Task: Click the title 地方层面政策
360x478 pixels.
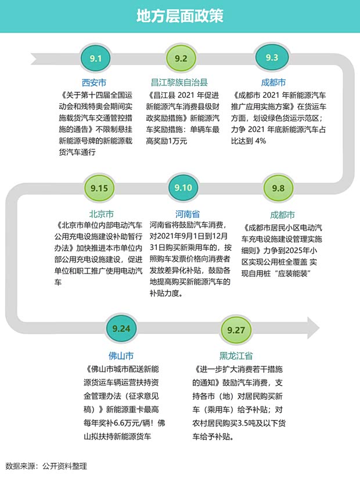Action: coord(180,16)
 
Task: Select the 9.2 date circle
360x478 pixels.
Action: coord(181,58)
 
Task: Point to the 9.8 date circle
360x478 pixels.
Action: coord(278,188)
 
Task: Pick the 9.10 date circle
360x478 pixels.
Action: coord(183,188)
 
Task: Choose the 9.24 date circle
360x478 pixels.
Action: coord(121,329)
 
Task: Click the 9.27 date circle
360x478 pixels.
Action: coord(236,330)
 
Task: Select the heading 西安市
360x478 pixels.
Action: coord(94,83)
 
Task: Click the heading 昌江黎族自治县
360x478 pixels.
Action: coord(179,83)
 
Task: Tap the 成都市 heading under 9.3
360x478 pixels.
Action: coord(273,83)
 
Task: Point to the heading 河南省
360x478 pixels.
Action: coord(188,214)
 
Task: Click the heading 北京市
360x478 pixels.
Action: coord(102,214)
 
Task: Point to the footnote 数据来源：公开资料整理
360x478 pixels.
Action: coord(46,466)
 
